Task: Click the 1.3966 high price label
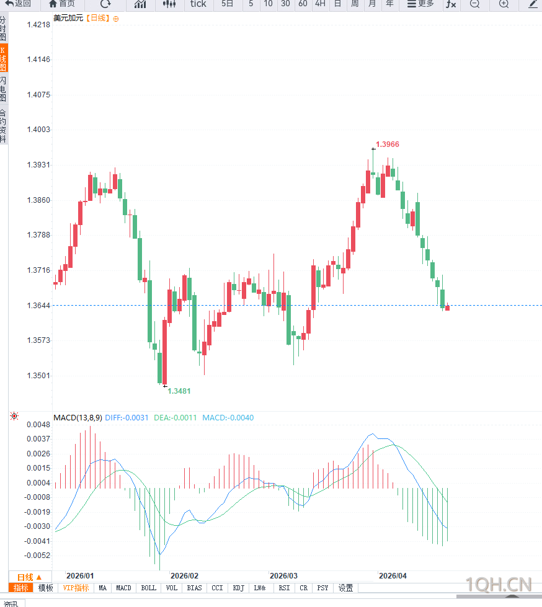click(388, 144)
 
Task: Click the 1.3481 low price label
click(179, 391)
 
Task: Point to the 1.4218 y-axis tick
click(38, 25)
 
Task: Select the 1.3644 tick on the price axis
click(38, 306)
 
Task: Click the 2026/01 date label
click(80, 576)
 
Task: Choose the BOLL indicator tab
click(149, 588)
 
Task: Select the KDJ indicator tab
click(239, 588)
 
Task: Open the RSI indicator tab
click(284, 588)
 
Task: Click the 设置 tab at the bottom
click(345, 588)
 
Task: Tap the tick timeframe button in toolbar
click(198, 4)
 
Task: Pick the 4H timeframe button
click(320, 4)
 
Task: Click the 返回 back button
click(19, 4)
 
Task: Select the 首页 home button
click(62, 4)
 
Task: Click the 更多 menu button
click(421, 4)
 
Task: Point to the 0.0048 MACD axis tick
click(38, 425)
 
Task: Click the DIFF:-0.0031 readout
click(127, 418)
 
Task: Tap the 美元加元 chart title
click(68, 19)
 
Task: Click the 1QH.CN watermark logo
click(499, 584)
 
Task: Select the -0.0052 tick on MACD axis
click(38, 556)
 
